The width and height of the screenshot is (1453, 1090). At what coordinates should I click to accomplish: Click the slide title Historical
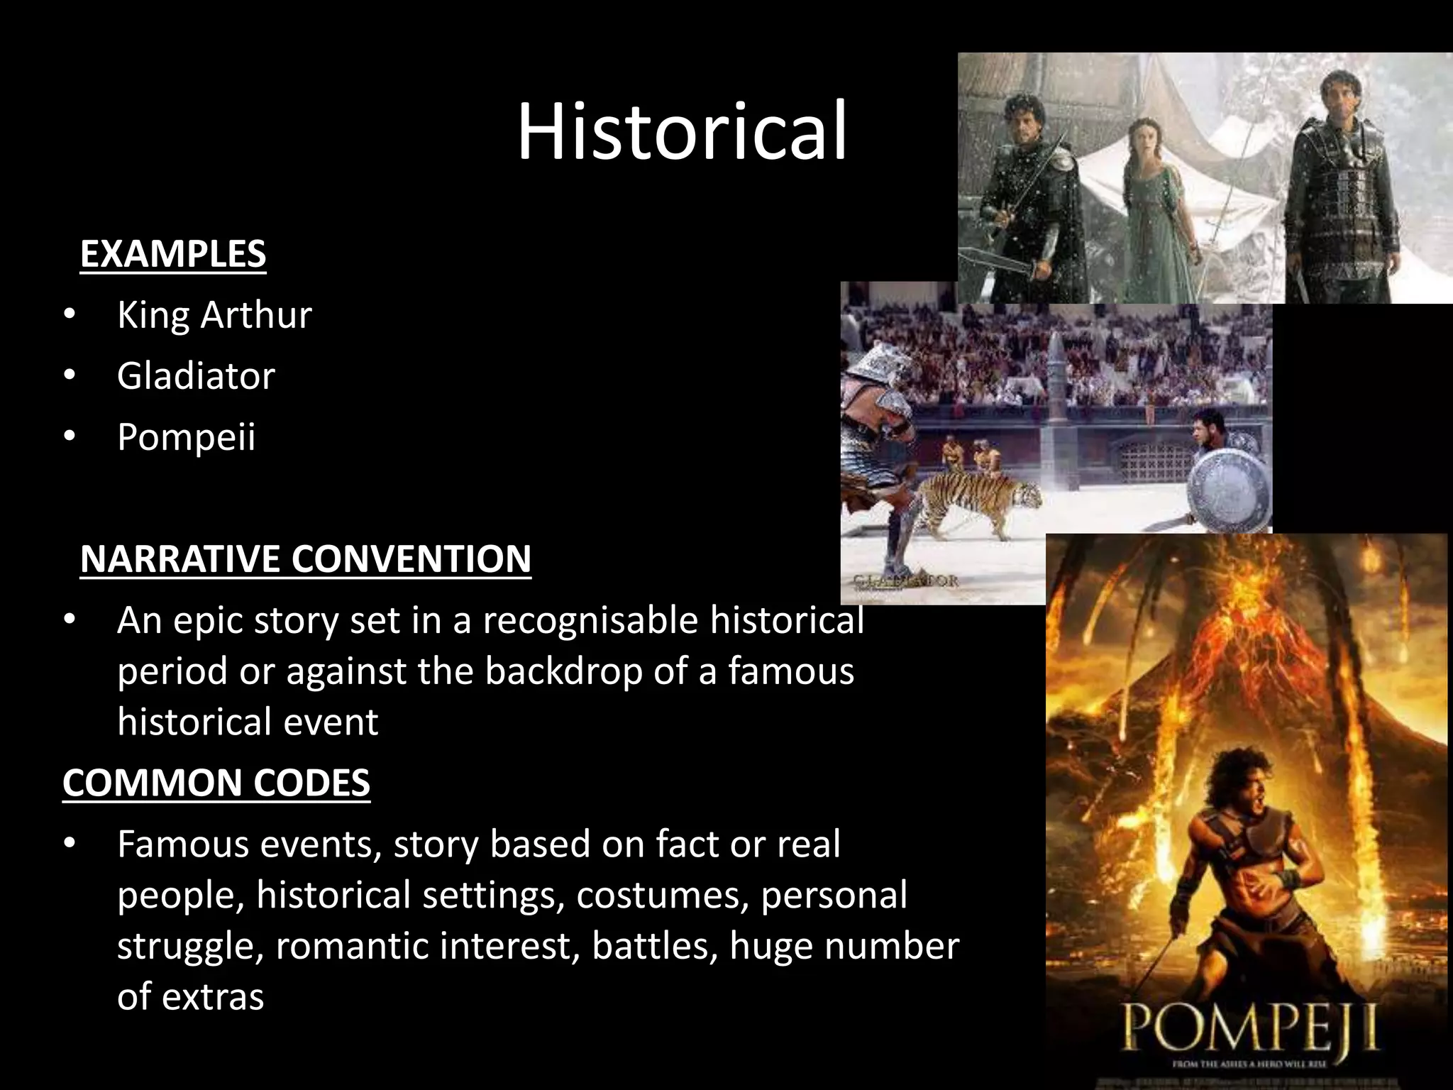(681, 132)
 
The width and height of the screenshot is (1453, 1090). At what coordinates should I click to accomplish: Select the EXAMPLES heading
(173, 254)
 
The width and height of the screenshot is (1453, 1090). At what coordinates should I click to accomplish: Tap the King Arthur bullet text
(214, 315)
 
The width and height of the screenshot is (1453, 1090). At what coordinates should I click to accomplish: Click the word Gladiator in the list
(196, 376)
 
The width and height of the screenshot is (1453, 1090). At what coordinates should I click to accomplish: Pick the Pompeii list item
(186, 437)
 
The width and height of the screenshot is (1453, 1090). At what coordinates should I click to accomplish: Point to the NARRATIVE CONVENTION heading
(306, 559)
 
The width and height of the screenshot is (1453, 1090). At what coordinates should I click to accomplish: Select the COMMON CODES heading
(216, 783)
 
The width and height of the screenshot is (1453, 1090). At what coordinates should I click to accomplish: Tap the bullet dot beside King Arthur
(69, 315)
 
